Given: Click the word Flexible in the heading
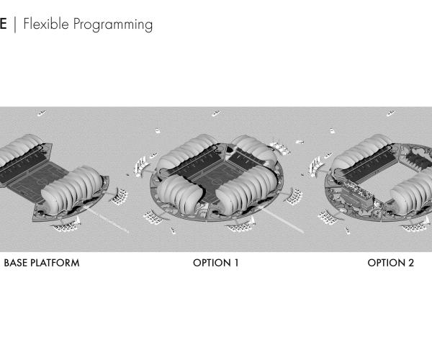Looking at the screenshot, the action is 46,24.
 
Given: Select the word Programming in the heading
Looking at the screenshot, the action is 113,25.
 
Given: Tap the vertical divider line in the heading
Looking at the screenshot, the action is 15,24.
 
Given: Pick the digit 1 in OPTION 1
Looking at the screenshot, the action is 236,263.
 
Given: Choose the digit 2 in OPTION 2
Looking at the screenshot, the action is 411,263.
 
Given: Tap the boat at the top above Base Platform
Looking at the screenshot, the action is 42,113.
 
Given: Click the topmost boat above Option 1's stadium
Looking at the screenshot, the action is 217,113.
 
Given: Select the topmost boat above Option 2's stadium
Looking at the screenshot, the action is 390,113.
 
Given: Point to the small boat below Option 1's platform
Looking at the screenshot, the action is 173,230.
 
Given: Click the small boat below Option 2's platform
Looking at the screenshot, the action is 348,230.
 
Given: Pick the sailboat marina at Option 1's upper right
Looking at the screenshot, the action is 279,147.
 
